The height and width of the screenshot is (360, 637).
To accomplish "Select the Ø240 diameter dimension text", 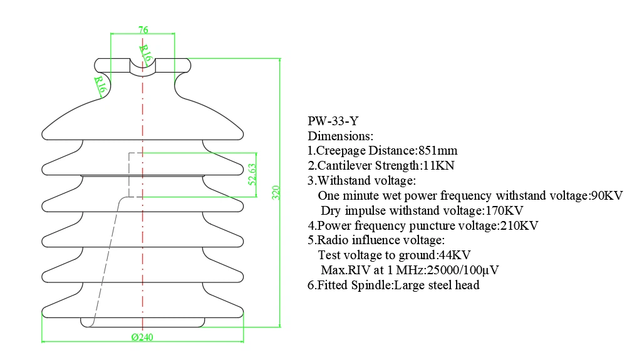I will click(143, 337).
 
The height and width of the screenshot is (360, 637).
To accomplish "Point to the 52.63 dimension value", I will click(252, 175).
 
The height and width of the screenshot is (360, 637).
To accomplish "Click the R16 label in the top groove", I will click(146, 53).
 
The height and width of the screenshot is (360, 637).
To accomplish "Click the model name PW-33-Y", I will click(333, 121).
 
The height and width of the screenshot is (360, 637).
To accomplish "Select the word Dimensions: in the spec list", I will click(340, 136).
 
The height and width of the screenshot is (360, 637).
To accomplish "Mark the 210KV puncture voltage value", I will click(518, 225).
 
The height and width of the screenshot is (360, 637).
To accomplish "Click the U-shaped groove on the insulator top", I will click(143, 68).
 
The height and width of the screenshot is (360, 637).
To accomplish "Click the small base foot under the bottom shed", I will click(143, 322).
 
